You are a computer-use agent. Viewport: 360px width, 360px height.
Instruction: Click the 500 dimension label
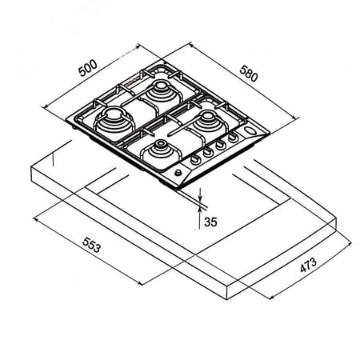point(88,68)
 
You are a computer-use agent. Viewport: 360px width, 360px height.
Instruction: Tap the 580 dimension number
point(249,74)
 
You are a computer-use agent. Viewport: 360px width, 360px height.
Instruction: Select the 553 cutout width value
point(92,245)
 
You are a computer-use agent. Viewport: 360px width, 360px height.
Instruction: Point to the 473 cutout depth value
point(309,265)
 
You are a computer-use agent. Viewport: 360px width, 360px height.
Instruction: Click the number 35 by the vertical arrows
point(210,222)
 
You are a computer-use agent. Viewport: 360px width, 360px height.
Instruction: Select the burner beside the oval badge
point(207,121)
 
